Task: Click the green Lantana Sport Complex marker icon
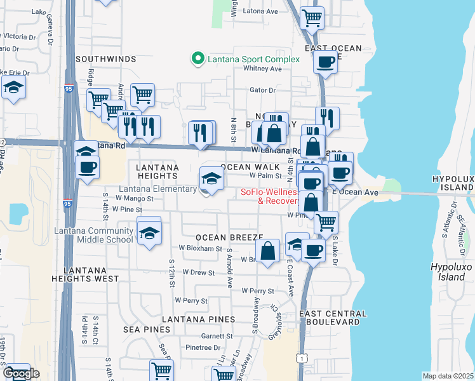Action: (x=197, y=59)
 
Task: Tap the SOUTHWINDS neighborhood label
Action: (x=106, y=59)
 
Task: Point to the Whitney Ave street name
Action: (x=262, y=69)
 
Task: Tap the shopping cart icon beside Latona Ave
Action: (x=311, y=18)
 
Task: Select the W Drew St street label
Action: (x=198, y=272)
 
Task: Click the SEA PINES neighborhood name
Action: (x=147, y=330)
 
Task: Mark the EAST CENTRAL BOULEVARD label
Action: (x=333, y=318)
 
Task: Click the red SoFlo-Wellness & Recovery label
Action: (x=270, y=197)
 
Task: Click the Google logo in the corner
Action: (x=21, y=373)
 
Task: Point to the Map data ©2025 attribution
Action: (x=447, y=376)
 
